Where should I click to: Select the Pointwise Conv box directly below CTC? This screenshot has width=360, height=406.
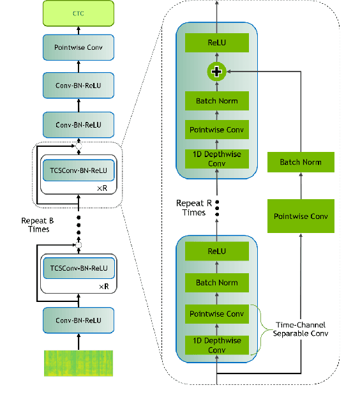pos(79,48)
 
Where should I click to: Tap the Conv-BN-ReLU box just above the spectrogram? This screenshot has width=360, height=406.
pos(79,320)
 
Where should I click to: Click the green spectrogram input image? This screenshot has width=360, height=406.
pos(78,363)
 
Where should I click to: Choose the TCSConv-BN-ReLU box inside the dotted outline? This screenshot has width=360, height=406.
pos(79,170)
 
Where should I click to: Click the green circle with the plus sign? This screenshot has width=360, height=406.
pos(216,71)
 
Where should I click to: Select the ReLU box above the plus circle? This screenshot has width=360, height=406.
pos(216,43)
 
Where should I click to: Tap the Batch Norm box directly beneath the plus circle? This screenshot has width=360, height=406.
pos(216,101)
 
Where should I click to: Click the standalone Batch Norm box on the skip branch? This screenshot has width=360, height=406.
pos(300,162)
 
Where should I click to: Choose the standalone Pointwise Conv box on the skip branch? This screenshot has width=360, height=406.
pos(300,216)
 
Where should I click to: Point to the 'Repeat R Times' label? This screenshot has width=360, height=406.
pos(194,207)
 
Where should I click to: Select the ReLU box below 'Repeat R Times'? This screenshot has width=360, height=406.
pos(216,251)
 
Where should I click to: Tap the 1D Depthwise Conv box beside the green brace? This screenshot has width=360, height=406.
pos(216,345)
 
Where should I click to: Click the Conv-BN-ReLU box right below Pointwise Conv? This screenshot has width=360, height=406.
pos(79,85)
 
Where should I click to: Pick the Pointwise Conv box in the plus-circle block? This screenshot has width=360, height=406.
pos(216,130)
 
